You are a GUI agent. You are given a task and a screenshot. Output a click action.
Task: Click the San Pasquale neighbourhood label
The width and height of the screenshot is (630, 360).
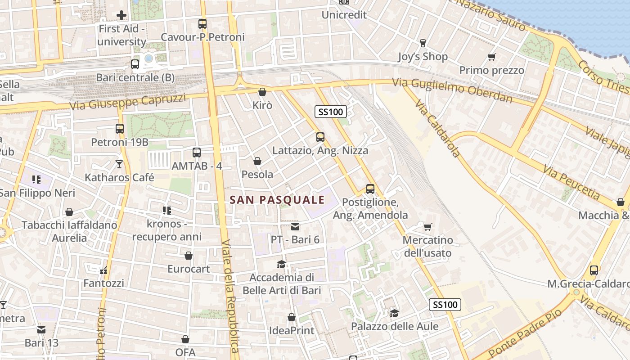(x=277, y=200)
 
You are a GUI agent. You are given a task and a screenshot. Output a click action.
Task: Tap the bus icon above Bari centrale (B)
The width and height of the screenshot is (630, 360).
(x=135, y=64)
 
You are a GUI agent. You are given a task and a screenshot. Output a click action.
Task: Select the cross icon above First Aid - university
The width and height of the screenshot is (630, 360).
(x=121, y=16)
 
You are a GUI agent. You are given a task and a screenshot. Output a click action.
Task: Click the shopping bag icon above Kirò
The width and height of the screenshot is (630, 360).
(x=262, y=92)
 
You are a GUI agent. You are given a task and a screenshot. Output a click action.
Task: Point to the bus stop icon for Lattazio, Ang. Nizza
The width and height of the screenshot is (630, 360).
(x=320, y=137)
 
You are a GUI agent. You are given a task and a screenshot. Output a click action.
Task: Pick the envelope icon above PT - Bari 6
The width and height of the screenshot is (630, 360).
(x=295, y=226)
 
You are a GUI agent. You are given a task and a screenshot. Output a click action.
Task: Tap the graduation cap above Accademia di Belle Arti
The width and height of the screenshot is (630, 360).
(x=282, y=264)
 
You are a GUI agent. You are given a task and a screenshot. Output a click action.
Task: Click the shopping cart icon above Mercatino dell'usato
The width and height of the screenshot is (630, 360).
(x=427, y=227)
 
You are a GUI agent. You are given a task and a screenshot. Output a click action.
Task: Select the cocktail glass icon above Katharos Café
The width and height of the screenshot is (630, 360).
(x=119, y=164)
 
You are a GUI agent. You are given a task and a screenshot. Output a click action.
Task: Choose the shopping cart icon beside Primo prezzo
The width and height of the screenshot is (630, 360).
(x=491, y=57)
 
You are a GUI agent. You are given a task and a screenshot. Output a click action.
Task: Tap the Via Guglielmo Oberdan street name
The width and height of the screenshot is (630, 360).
(x=452, y=90)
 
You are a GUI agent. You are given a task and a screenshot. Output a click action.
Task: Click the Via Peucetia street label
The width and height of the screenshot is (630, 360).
(x=571, y=182)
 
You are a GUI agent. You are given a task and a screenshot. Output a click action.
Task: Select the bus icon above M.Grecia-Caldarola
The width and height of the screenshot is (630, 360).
(x=594, y=270)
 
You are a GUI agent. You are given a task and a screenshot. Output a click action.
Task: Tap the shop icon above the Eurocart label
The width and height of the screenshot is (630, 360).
(x=189, y=256)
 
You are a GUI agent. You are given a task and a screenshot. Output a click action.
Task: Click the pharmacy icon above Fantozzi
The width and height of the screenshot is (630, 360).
(x=104, y=270)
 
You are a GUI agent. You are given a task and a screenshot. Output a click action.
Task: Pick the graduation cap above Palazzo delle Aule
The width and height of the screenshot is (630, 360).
(x=394, y=313)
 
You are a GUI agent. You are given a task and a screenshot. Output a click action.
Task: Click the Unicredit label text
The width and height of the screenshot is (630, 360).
(x=344, y=15)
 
